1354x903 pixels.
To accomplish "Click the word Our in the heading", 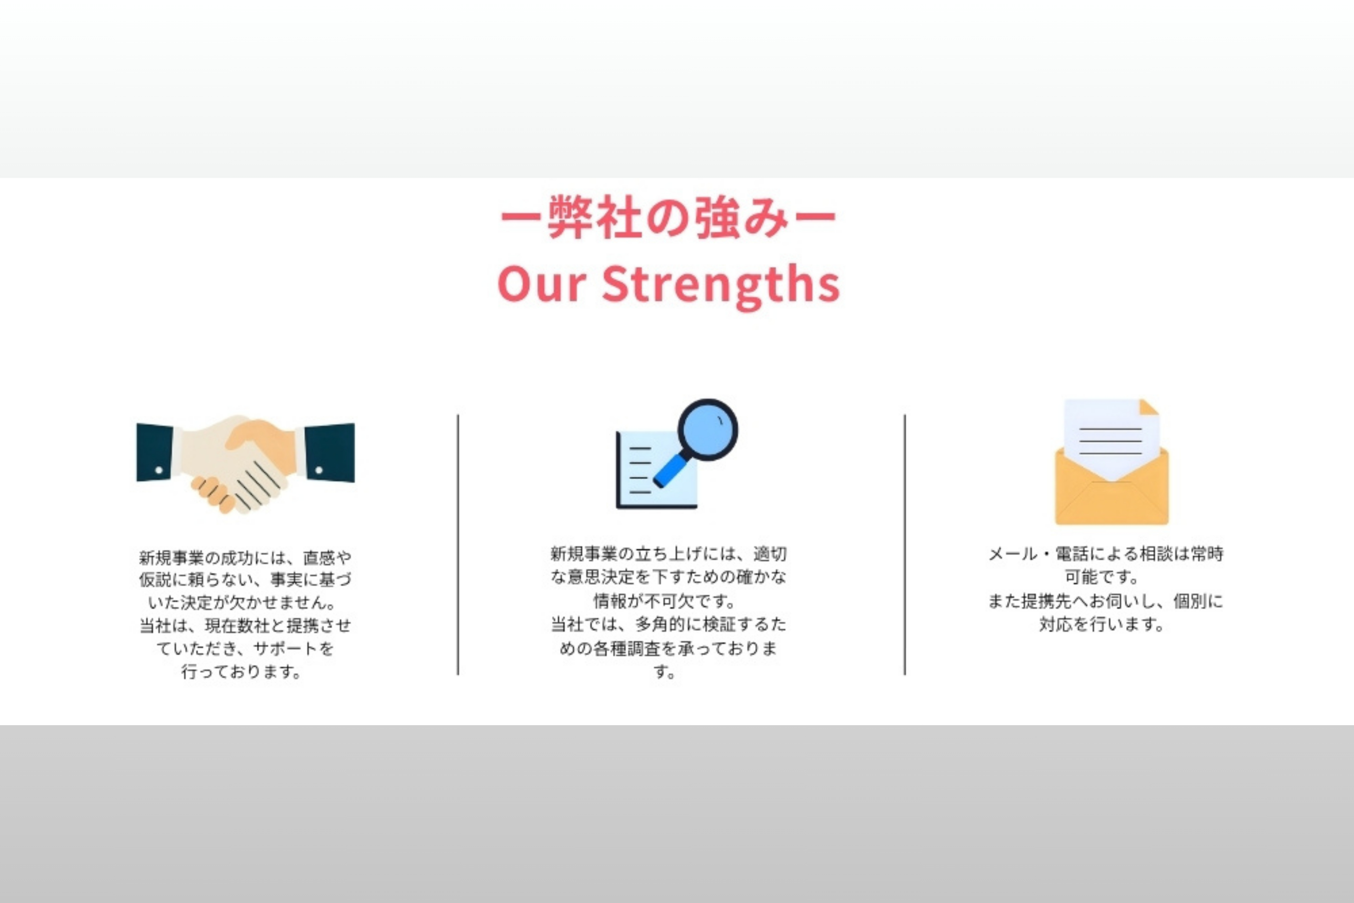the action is pyautogui.click(x=542, y=283).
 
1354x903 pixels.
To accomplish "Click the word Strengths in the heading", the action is pyautogui.click(x=721, y=286).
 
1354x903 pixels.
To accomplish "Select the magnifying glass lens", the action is pyautogui.click(x=707, y=430).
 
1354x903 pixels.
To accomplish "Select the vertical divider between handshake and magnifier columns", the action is pyautogui.click(x=458, y=544).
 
